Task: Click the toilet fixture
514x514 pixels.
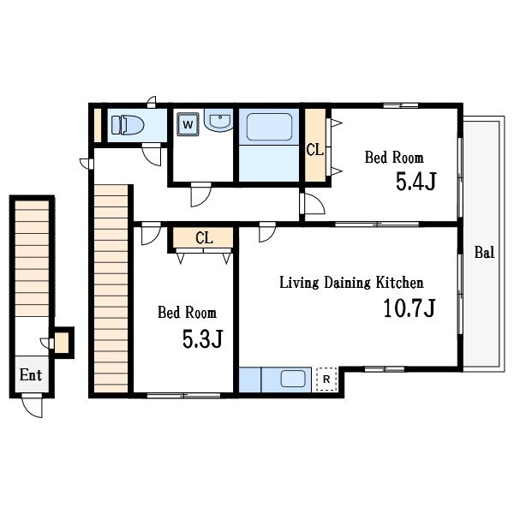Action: click(127, 125)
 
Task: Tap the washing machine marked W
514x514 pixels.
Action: click(188, 124)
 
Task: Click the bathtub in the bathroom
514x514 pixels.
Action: click(269, 127)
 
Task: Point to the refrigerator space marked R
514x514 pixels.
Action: click(326, 380)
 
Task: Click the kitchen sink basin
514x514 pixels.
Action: click(293, 379)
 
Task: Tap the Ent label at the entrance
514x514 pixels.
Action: click(31, 374)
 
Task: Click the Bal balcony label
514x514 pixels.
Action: click(484, 253)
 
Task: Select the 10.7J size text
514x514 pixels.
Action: click(409, 308)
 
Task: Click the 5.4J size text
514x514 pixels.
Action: click(416, 182)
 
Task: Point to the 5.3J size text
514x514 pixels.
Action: click(202, 339)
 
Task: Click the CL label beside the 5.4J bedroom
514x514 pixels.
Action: click(314, 150)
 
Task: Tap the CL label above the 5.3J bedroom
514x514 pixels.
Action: click(204, 238)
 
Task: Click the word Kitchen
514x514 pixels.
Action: click(399, 283)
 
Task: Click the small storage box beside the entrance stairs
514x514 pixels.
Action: click(62, 343)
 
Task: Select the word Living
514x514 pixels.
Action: click(299, 283)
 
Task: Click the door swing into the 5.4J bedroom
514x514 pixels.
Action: click(313, 204)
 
